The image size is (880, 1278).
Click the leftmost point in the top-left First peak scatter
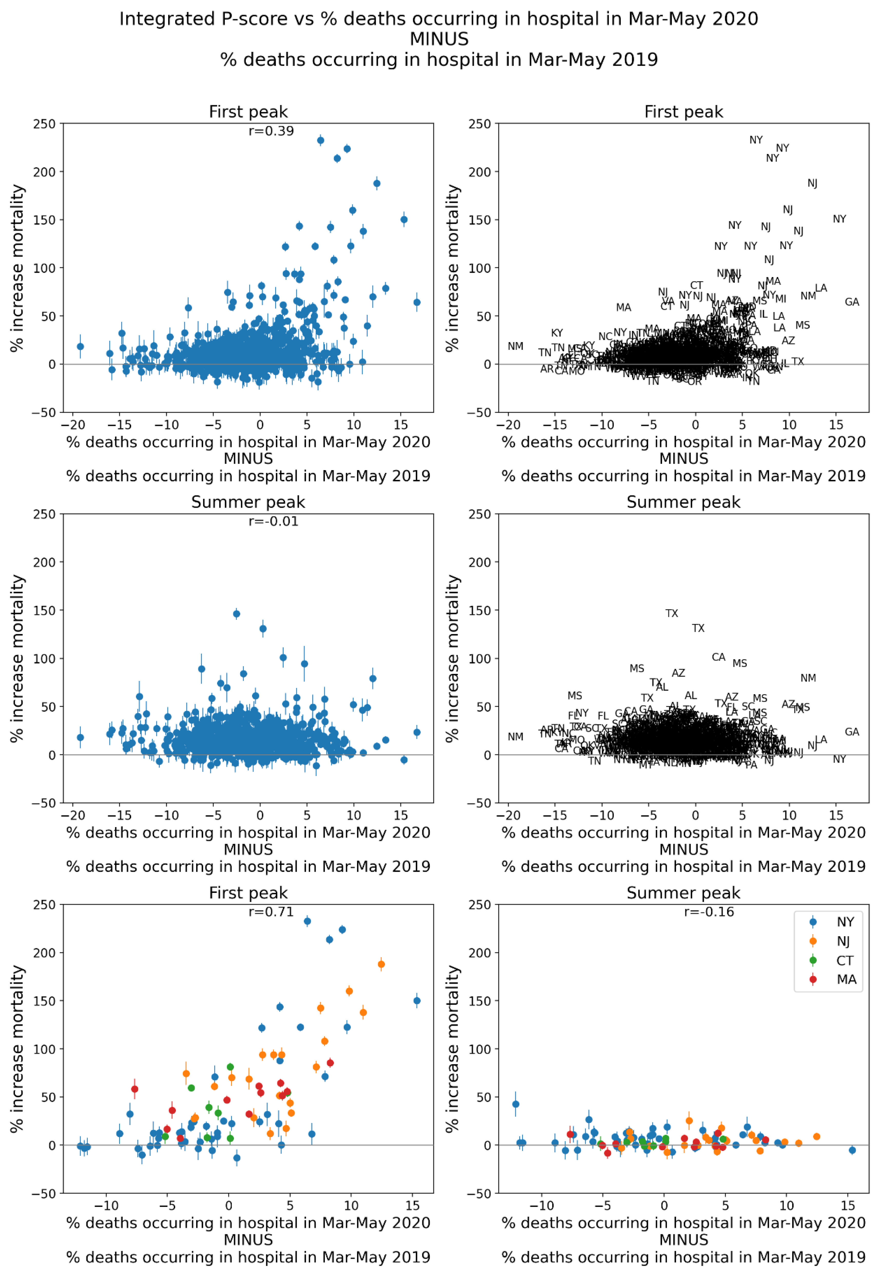click(x=81, y=347)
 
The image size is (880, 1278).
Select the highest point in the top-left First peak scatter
click(x=320, y=141)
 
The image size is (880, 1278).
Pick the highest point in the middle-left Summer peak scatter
click(x=236, y=614)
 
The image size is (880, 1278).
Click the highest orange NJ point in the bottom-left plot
click(x=381, y=964)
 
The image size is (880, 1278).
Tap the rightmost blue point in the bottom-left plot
click(x=417, y=1001)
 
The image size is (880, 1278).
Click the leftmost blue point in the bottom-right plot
click(x=515, y=1104)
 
